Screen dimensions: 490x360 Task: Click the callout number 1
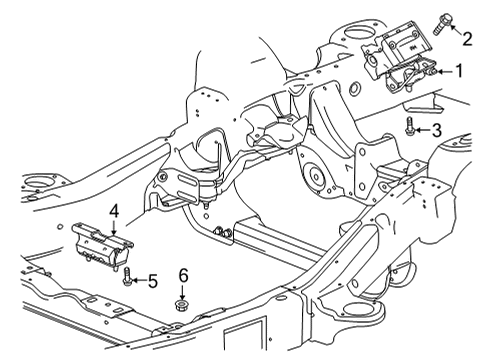(459, 71)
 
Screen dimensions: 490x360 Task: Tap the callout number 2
(467, 39)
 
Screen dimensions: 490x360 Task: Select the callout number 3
(435, 129)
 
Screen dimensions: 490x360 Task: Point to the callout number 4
(115, 211)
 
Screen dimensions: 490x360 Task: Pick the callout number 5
(153, 282)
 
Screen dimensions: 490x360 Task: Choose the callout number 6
(183, 275)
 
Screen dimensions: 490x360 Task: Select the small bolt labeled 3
(410, 128)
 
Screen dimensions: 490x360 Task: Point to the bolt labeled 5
(127, 280)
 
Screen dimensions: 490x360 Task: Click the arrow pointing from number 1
(441, 71)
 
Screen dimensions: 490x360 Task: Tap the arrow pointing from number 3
(422, 129)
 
